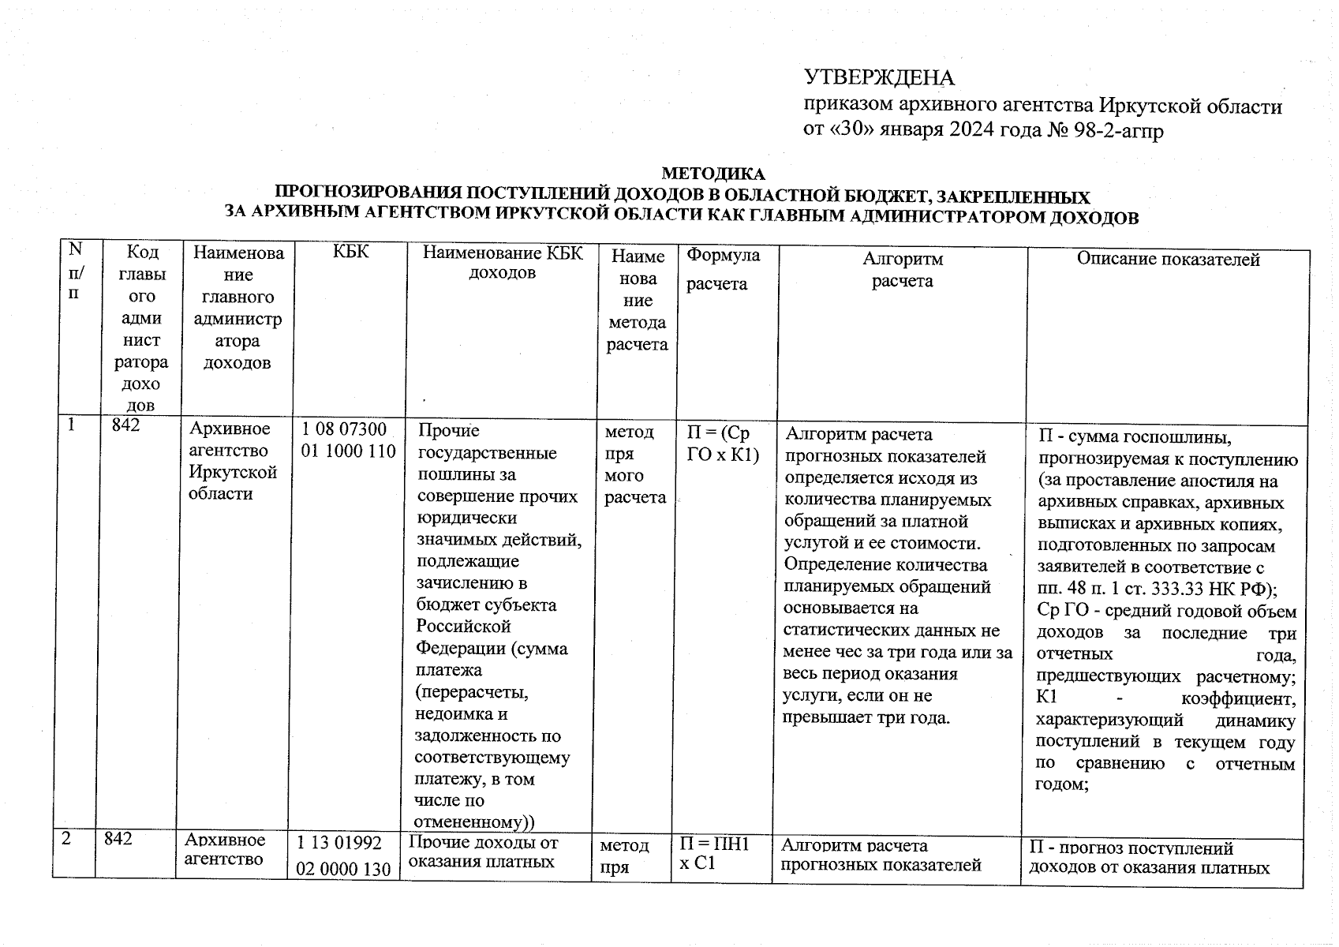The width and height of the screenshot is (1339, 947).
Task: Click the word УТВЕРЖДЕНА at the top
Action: pyautogui.click(x=878, y=78)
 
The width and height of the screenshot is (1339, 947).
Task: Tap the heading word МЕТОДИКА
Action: pyautogui.click(x=713, y=174)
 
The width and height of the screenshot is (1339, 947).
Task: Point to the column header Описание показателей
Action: pyautogui.click(x=1169, y=260)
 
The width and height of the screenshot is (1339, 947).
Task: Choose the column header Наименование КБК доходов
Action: pyautogui.click(x=503, y=263)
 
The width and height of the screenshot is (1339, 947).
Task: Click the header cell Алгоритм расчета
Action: pyautogui.click(x=902, y=270)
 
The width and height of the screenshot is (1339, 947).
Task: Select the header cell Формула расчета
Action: pyautogui.click(x=723, y=268)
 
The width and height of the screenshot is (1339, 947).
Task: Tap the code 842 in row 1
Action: pyautogui.click(x=126, y=425)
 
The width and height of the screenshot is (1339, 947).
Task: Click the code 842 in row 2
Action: pyautogui.click(x=118, y=840)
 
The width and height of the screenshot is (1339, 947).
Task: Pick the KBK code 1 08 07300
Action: pyautogui.click(x=345, y=430)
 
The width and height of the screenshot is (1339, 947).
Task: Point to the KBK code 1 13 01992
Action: pyautogui.click(x=344, y=844)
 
